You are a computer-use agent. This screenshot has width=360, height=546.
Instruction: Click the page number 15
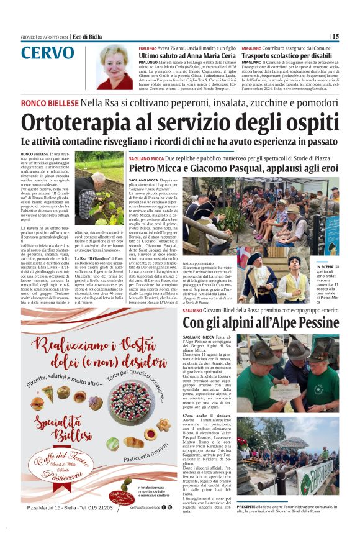tap(335, 37)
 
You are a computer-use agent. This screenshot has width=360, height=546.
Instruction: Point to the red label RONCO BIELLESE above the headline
tap(50, 102)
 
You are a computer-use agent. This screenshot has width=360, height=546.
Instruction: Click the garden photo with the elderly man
tap(99, 188)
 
